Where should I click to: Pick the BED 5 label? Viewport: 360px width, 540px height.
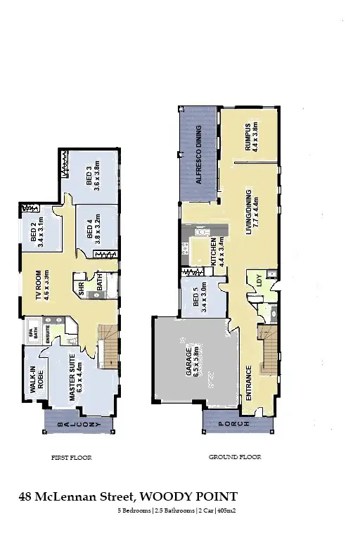click(200, 300)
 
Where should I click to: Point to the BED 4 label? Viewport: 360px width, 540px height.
click(94, 228)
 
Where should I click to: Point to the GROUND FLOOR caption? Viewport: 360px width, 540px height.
click(235, 458)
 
